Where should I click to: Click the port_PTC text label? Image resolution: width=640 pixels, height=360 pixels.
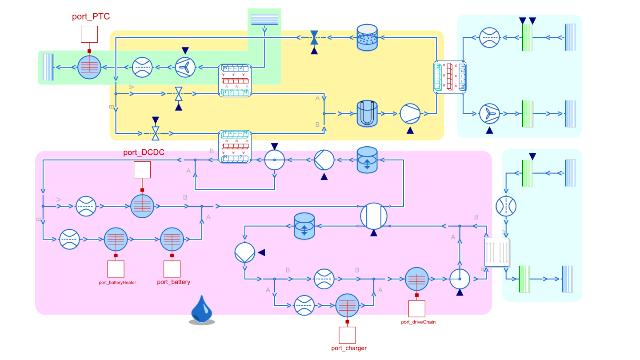(x=91, y=17)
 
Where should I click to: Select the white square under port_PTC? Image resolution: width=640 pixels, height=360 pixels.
(x=89, y=34)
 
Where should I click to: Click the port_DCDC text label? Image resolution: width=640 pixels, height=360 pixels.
(x=144, y=152)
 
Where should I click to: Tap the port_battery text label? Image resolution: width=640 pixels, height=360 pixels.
(x=173, y=282)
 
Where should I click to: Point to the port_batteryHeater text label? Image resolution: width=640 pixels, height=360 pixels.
(x=117, y=282)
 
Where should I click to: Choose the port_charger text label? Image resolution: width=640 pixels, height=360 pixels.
(x=349, y=348)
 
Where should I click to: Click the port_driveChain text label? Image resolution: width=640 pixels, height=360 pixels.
(x=418, y=322)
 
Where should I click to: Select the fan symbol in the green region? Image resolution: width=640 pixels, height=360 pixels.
(x=185, y=68)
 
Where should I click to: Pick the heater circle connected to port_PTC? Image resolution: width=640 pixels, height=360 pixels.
(x=89, y=68)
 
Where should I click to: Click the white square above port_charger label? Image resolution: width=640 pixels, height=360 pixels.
(x=347, y=335)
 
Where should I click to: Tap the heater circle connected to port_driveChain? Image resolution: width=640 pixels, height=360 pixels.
(x=417, y=279)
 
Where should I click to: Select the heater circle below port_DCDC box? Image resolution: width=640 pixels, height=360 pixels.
(x=142, y=206)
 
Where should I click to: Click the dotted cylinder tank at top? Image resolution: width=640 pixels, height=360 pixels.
(x=367, y=37)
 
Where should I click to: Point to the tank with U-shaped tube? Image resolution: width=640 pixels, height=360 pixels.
(x=367, y=113)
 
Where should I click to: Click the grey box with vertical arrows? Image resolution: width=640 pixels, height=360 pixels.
(x=496, y=252)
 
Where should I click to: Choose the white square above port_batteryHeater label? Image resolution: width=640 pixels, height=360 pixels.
(x=116, y=269)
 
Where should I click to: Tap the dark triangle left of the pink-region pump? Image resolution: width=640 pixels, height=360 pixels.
(x=261, y=252)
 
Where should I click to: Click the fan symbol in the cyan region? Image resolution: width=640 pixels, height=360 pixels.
(x=489, y=113)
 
